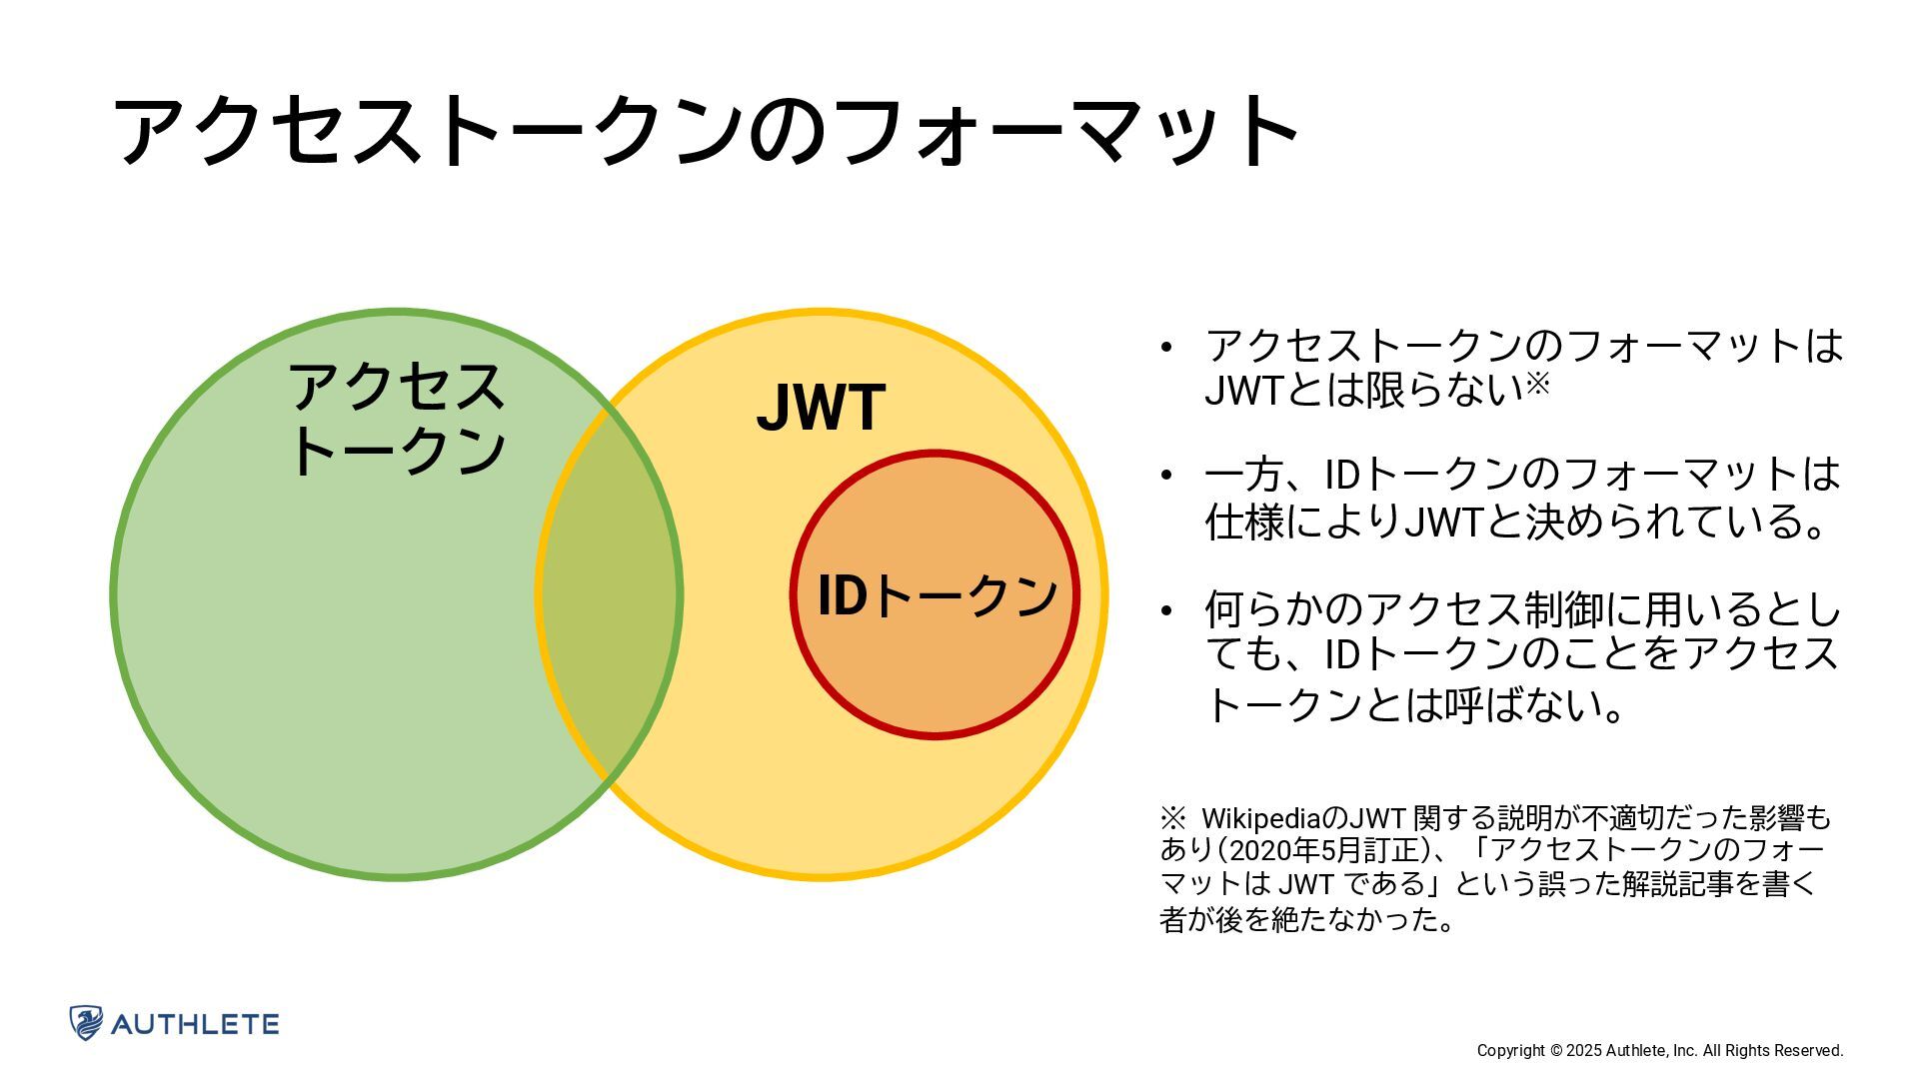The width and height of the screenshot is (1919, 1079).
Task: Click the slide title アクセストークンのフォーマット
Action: pos(706,130)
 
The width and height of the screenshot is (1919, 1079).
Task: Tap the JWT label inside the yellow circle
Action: pos(821,408)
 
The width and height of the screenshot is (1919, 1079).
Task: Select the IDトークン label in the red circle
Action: pos(937,595)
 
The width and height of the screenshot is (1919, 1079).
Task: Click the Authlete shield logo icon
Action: pos(86,1023)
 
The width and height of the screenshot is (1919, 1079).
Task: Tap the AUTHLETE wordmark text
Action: pos(195,1024)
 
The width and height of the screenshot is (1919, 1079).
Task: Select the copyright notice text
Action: pos(1659,1050)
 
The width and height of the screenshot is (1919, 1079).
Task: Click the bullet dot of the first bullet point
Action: pos(1165,348)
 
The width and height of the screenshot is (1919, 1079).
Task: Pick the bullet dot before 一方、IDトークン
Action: pos(1165,475)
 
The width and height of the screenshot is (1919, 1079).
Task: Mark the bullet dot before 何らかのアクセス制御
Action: pos(1165,609)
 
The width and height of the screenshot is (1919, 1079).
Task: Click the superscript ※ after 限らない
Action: pos(1537,383)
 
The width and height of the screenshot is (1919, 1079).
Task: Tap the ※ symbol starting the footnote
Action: pos(1171,818)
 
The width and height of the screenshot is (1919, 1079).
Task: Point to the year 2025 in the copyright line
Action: pos(1584,1050)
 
